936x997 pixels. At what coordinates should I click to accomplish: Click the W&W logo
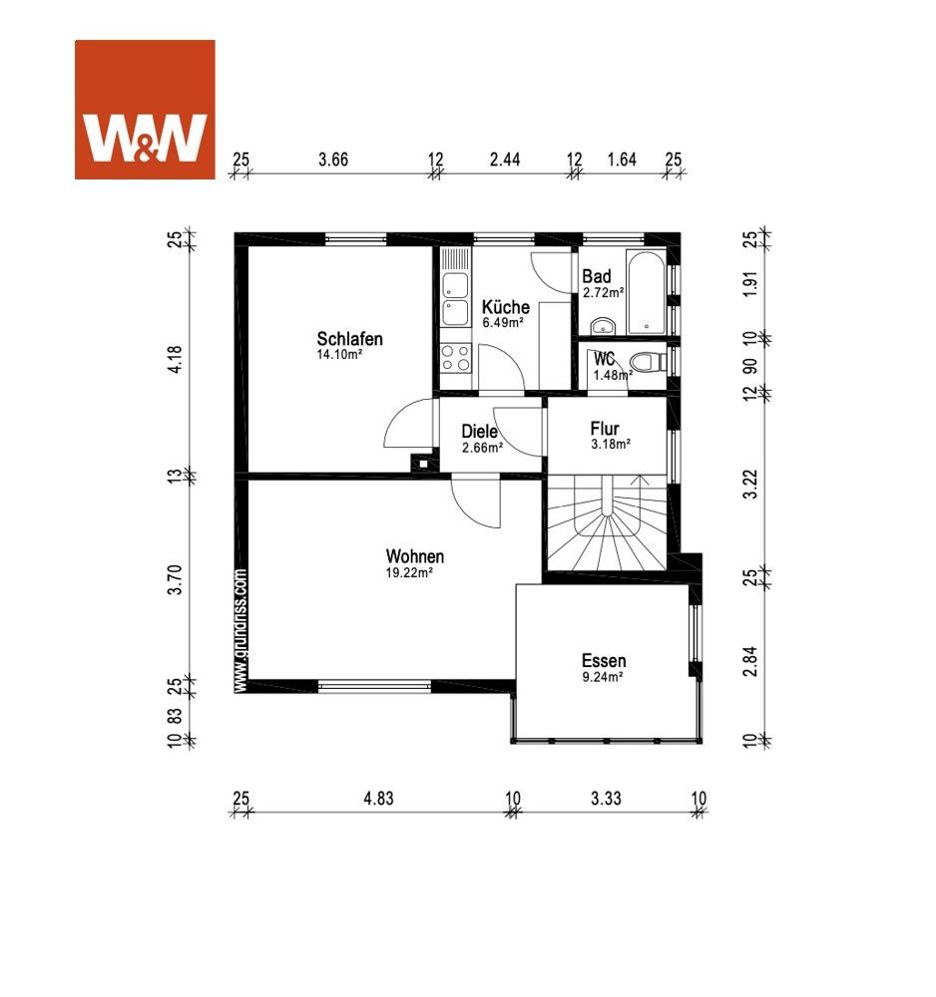pyautogui.click(x=145, y=110)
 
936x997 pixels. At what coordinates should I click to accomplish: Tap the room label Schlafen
pyautogui.click(x=350, y=338)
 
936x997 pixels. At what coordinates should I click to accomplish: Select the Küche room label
pyautogui.click(x=505, y=306)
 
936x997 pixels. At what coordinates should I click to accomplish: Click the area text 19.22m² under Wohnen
pyautogui.click(x=409, y=572)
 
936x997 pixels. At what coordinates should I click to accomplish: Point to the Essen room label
pyautogui.click(x=604, y=660)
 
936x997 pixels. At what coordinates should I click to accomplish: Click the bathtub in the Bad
pyautogui.click(x=646, y=292)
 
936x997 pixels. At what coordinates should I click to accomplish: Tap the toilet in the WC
pyautogui.click(x=648, y=363)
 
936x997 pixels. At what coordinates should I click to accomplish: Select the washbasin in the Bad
pyautogui.click(x=603, y=326)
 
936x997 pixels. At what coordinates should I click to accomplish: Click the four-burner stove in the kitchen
pyautogui.click(x=456, y=357)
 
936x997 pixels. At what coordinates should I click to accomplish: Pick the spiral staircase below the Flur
pyautogui.click(x=607, y=522)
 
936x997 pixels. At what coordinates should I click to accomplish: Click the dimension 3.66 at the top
pyautogui.click(x=333, y=159)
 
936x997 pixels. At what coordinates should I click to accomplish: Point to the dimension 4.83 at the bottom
pyautogui.click(x=378, y=798)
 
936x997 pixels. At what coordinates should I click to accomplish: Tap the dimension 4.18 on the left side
pyautogui.click(x=175, y=359)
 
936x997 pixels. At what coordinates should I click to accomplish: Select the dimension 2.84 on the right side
pyautogui.click(x=750, y=661)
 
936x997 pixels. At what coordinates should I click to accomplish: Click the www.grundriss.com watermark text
pyautogui.click(x=239, y=630)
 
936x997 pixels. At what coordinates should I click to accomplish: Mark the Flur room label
pyautogui.click(x=605, y=428)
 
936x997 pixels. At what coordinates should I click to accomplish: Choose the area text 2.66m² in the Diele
pyautogui.click(x=482, y=447)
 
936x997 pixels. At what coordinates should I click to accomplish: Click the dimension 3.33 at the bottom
pyautogui.click(x=606, y=798)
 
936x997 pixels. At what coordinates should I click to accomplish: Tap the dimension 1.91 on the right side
pyautogui.click(x=750, y=284)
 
